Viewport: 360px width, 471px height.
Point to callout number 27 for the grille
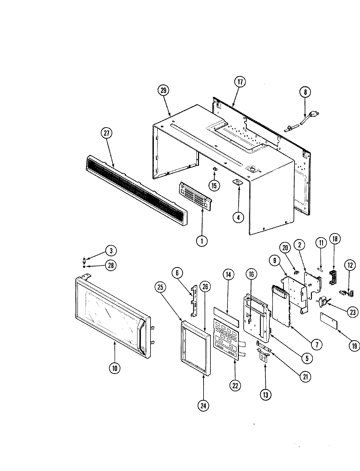pos(107,134)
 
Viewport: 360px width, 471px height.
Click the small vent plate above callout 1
pos(195,195)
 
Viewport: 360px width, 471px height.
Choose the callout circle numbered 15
pos(214,186)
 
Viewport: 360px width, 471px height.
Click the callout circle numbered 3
pos(111,251)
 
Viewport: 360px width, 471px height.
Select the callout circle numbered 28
pos(111,265)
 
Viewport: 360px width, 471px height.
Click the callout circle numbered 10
pos(115,368)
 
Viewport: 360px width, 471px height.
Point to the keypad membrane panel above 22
pos(226,340)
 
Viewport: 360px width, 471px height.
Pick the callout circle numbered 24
pos(204,406)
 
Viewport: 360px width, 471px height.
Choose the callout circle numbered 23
pos(352,312)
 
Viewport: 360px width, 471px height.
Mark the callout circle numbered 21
pos(305,377)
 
